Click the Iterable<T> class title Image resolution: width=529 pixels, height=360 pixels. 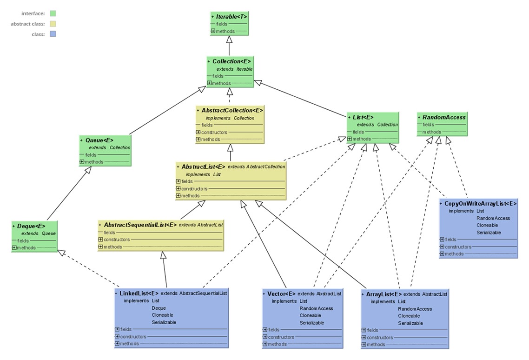(x=231, y=16)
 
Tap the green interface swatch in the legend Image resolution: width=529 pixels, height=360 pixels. (x=53, y=13)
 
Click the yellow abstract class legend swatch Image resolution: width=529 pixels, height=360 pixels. (x=53, y=24)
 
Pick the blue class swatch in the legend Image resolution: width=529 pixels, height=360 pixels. (x=53, y=34)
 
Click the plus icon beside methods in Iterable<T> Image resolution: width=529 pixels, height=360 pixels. (x=213, y=31)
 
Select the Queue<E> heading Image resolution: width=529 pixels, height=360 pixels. (x=99, y=140)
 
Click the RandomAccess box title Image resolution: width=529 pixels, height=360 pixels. (x=444, y=117)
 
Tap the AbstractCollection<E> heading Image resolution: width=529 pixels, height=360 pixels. (x=232, y=111)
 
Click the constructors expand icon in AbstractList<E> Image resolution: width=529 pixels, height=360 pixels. (x=178, y=188)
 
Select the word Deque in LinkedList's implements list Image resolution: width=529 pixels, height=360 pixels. (x=159, y=308)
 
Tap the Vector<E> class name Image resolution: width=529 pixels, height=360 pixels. (x=281, y=294)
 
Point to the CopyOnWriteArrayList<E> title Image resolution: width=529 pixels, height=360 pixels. (x=480, y=204)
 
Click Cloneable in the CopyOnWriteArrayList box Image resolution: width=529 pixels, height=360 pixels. (x=487, y=225)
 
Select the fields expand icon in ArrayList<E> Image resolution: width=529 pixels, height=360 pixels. (x=364, y=330)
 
